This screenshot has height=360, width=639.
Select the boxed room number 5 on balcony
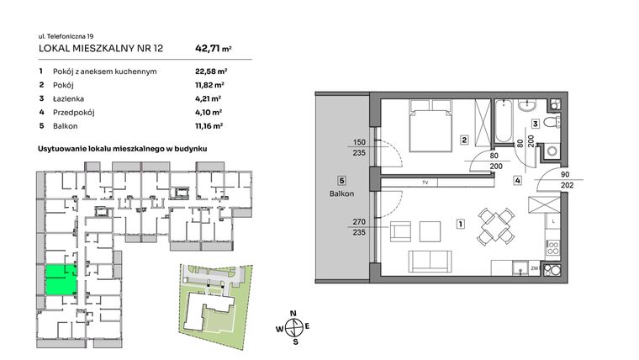coord(341,180)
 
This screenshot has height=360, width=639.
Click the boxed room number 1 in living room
coord(460,225)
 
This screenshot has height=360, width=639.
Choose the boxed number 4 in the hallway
coord(519,180)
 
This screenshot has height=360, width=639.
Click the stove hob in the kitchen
coord(552,247)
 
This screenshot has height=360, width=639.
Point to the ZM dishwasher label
coord(534,269)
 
